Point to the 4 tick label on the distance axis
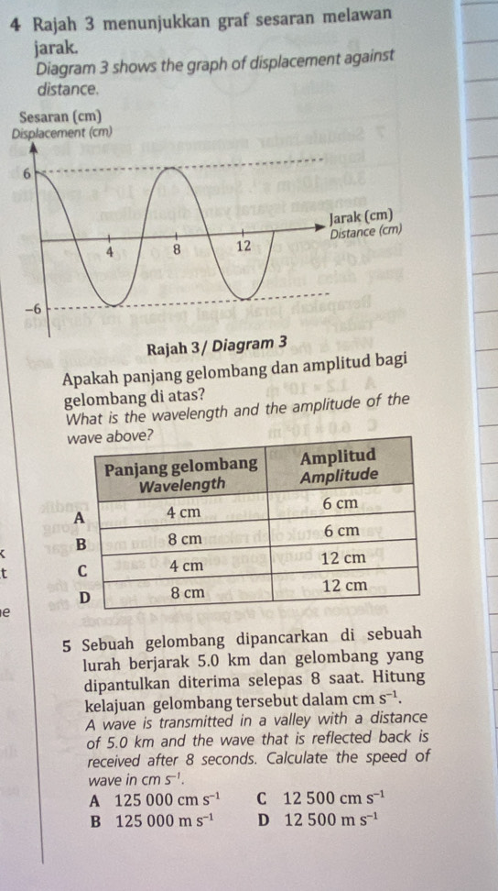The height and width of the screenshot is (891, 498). click(x=109, y=252)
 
